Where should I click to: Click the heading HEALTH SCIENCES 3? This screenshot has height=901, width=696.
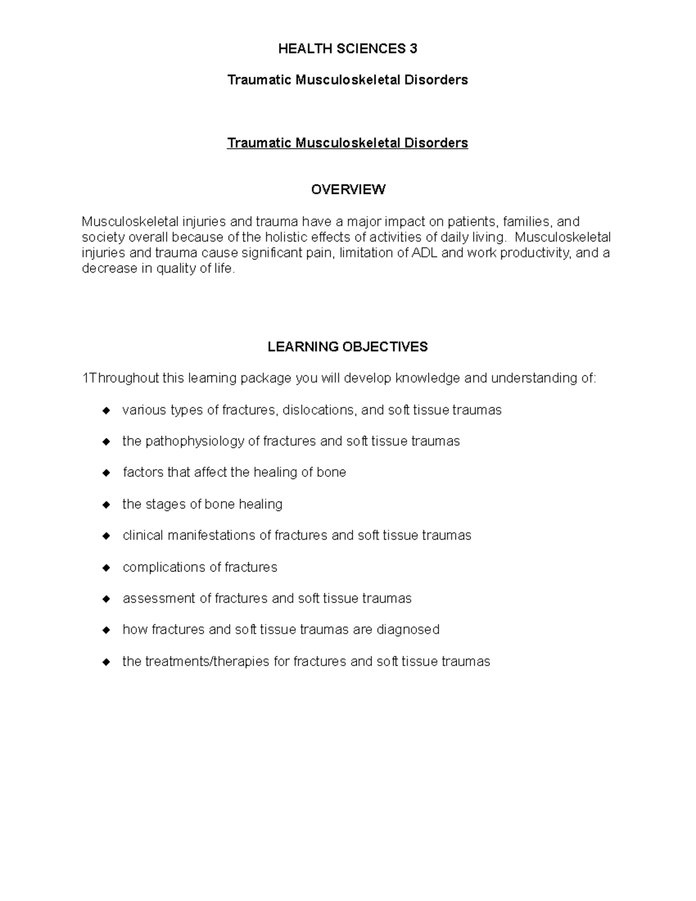coord(347,49)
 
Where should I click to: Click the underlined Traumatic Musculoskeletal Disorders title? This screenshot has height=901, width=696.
coord(347,143)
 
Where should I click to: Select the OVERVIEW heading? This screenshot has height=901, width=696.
coord(348,190)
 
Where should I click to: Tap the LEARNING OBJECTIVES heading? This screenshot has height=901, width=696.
coord(347,347)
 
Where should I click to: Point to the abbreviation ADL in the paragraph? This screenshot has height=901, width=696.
coord(425,253)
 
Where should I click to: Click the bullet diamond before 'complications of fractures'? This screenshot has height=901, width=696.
coord(106,567)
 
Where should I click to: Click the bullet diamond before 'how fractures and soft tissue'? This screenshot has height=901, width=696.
coord(106,630)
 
